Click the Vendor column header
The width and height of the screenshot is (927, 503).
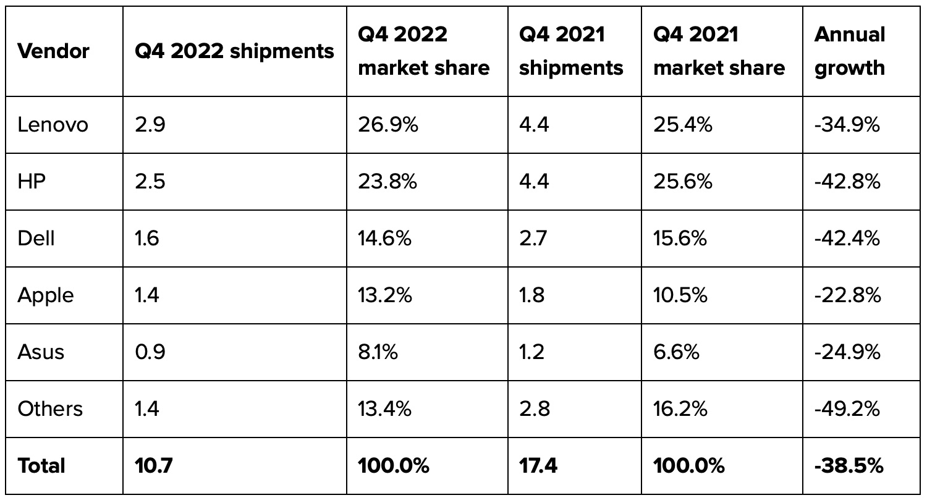tap(53, 51)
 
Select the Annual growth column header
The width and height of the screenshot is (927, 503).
tap(850, 51)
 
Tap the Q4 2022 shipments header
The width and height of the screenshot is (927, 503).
tap(234, 51)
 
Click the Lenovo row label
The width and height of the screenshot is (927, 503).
tap(53, 125)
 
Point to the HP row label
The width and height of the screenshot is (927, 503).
tap(32, 182)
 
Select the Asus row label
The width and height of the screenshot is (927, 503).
tap(41, 352)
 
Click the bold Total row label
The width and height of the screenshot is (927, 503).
tap(41, 466)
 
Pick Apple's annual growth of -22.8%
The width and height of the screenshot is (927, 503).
tap(847, 295)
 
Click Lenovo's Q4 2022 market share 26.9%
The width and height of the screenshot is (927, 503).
tap(388, 125)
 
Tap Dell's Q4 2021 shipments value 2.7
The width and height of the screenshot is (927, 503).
tap(533, 239)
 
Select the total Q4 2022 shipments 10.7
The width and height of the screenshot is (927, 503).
tap(153, 466)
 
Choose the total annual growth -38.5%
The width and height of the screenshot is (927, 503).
tap(849, 466)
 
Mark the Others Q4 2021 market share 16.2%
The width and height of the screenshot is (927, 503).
tap(680, 409)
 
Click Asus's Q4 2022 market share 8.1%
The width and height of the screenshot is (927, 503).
tap(378, 352)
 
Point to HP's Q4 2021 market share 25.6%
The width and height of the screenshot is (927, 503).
tap(682, 182)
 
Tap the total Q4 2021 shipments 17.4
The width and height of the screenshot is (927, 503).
tap(538, 466)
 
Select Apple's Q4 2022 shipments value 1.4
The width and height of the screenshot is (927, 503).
tap(147, 295)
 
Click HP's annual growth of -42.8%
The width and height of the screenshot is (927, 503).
tap(847, 182)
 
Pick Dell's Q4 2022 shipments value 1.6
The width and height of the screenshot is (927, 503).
tap(147, 239)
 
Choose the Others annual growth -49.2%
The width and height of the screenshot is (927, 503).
tap(847, 409)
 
